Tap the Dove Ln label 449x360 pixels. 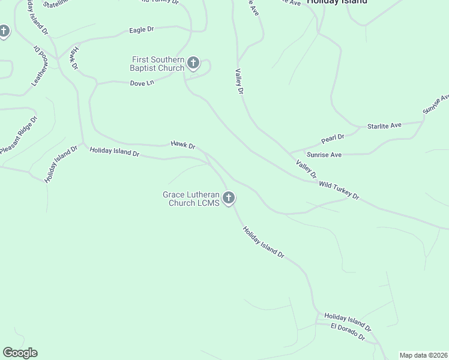click(x=142, y=83)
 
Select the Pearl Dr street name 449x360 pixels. click(x=332, y=139)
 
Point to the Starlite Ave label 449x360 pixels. click(x=384, y=125)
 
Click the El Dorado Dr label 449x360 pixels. click(x=348, y=331)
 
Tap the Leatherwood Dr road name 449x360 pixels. click(x=40, y=65)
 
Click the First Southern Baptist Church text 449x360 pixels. click(x=158, y=63)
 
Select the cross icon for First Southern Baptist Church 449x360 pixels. click(x=193, y=62)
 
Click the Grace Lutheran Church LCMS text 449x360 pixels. click(x=191, y=199)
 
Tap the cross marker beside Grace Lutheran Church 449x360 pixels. click(x=228, y=197)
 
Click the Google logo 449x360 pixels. click(x=20, y=353)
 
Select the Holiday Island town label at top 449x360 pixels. click(x=337, y=2)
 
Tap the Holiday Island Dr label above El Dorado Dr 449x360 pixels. click(x=348, y=322)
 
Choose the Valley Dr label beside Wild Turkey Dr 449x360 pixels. click(x=306, y=169)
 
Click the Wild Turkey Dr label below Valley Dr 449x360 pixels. click(x=339, y=191)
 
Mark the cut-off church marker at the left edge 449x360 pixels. click(x=4, y=31)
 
